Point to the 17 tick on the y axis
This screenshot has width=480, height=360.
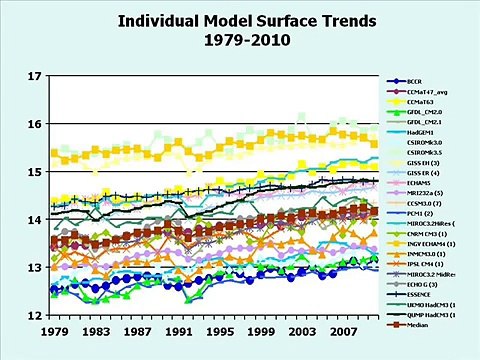[35, 76]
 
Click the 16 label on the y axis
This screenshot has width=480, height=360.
[35, 124]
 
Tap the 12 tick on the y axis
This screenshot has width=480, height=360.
[35, 316]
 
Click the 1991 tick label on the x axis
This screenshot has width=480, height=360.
[178, 331]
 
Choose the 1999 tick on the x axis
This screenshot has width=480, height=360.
[261, 331]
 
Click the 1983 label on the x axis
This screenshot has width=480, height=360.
[96, 331]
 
